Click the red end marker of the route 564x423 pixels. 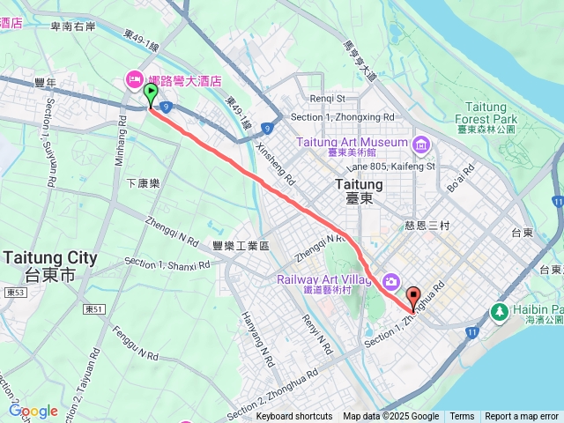[412, 298]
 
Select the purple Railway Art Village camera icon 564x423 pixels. [390, 280]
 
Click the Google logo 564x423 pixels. [33, 411]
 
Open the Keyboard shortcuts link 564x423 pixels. [294, 417]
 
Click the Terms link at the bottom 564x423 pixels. [462, 417]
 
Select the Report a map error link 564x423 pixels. [522, 417]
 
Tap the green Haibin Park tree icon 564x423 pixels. [500, 312]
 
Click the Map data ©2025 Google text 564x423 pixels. [390, 417]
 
